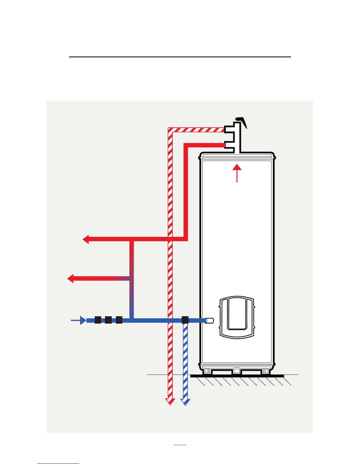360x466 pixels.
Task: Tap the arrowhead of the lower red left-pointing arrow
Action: pyautogui.click(x=71, y=278)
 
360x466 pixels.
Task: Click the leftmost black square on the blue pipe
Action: pyautogui.click(x=98, y=320)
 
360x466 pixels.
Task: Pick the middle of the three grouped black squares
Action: pyautogui.click(x=108, y=320)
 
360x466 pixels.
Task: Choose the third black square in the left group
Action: pyautogui.click(x=119, y=320)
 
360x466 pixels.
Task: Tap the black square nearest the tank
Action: pyautogui.click(x=185, y=320)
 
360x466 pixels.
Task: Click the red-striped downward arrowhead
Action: pyautogui.click(x=170, y=402)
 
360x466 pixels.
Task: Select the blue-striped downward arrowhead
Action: pyautogui.click(x=185, y=402)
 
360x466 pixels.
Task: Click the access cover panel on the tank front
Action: pyautogui.click(x=237, y=317)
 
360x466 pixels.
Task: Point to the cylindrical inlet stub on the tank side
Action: pyautogui.click(x=210, y=321)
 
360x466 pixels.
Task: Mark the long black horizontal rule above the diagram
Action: pyautogui.click(x=180, y=57)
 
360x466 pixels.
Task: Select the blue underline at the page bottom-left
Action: pyautogui.click(x=58, y=464)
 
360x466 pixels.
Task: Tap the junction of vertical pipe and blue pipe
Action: pyautogui.click(x=132, y=320)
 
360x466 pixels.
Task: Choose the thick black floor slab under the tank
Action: pyautogui.click(x=237, y=376)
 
